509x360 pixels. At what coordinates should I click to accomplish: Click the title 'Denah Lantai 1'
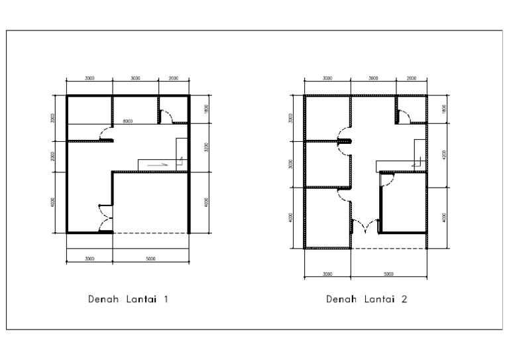[129, 299]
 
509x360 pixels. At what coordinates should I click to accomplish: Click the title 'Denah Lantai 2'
[367, 299]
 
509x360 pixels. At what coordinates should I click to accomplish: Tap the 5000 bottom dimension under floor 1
[150, 259]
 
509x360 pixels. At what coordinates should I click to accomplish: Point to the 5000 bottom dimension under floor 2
[388, 273]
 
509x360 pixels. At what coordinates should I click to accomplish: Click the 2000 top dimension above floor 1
[174, 78]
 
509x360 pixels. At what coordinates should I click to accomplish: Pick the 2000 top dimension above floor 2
[412, 78]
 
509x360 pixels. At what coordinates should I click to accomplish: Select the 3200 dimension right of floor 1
[206, 147]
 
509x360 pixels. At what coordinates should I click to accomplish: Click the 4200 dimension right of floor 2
[444, 155]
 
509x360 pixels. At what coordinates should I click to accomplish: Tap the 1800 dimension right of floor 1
[206, 109]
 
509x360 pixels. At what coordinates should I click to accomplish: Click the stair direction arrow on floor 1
[158, 162]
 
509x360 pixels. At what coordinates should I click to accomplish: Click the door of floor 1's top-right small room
[168, 118]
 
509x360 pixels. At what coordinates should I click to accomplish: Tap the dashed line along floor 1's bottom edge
[150, 233]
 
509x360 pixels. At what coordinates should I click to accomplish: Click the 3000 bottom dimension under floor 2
[327, 273]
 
